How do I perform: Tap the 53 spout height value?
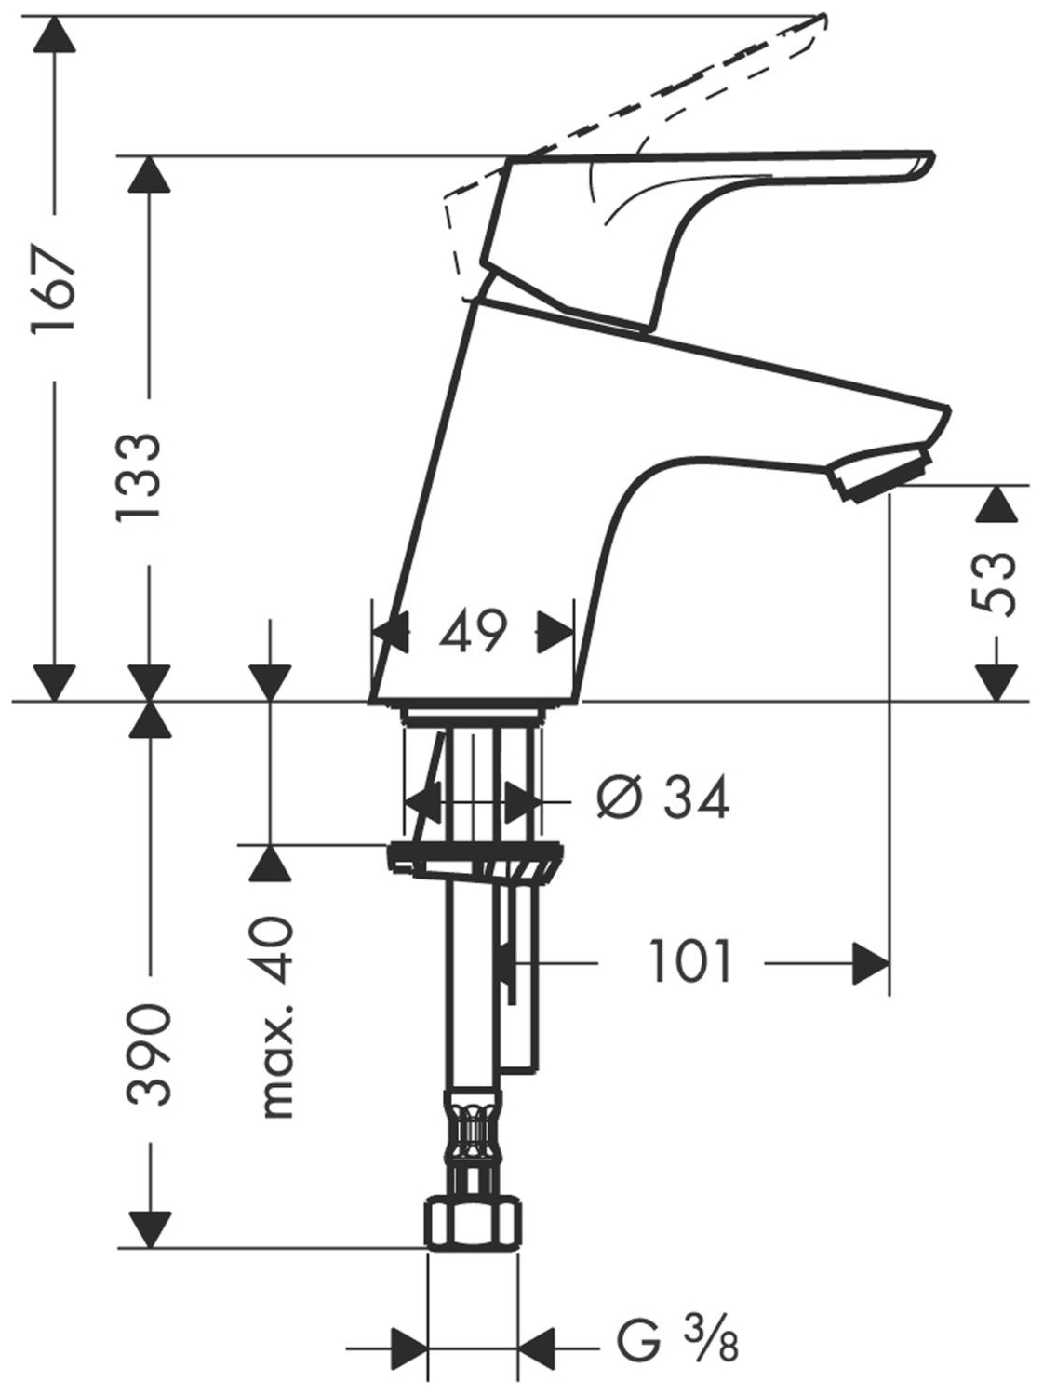994,583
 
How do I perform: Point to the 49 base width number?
474,633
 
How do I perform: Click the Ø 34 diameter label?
662,798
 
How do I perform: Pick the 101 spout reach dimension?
690,962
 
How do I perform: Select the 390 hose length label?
149,1053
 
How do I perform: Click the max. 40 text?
277,1016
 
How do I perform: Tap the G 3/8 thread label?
677,1344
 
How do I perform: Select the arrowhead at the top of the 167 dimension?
53,37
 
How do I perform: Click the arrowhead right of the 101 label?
870,963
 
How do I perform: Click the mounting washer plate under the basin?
475,853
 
